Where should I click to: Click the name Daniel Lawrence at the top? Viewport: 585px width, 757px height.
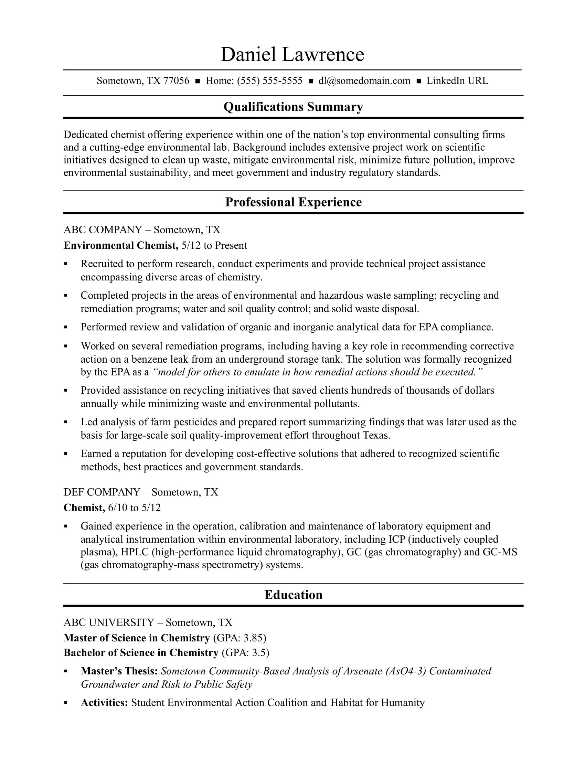[292, 55]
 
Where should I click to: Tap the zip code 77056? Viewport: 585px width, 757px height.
[176, 81]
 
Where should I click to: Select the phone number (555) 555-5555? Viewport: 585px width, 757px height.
[270, 81]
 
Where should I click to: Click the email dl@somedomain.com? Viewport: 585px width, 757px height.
[364, 81]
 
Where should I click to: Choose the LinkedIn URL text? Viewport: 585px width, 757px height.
[457, 81]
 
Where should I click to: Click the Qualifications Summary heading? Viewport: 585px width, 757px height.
[293, 107]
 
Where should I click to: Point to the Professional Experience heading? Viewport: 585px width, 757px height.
[293, 202]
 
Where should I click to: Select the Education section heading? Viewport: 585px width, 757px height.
[293, 595]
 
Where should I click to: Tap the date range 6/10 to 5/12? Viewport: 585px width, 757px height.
[135, 508]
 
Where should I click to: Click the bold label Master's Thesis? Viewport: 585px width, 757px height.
[119, 671]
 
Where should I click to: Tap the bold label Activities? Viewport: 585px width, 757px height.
[104, 703]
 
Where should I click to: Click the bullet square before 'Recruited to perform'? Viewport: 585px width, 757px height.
[66, 264]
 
